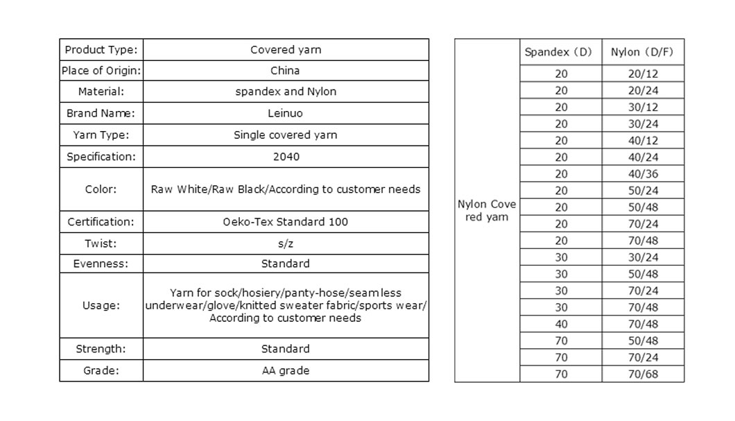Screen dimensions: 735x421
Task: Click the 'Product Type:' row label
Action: pyautogui.click(x=101, y=50)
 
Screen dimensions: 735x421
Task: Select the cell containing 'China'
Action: pyautogui.click(x=285, y=70)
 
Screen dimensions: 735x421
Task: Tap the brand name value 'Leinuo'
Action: pyautogui.click(x=285, y=113)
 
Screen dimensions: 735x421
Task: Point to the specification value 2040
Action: pyautogui.click(x=286, y=157)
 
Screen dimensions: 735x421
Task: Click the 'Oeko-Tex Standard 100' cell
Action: pyautogui.click(x=286, y=222)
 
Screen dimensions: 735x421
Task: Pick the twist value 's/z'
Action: pyautogui.click(x=286, y=243)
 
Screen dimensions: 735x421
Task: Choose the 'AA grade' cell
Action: pyautogui.click(x=286, y=371)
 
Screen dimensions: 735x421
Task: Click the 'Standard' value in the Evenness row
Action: pyautogui.click(x=286, y=264)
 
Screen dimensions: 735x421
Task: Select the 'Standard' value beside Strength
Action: pyautogui.click(x=286, y=349)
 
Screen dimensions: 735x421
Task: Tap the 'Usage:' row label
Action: pyautogui.click(x=101, y=306)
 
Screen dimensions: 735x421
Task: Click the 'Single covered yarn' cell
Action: pyautogui.click(x=286, y=135)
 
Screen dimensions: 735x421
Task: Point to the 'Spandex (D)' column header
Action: pyautogui.click(x=558, y=52)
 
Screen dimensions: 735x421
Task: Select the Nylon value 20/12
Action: pyautogui.click(x=643, y=74)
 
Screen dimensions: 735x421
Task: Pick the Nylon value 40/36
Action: pyautogui.click(x=643, y=174)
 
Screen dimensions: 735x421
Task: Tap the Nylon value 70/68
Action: pyautogui.click(x=643, y=374)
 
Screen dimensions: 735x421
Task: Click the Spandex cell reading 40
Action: pyautogui.click(x=561, y=324)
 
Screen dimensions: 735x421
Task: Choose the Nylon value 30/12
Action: pyautogui.click(x=643, y=107)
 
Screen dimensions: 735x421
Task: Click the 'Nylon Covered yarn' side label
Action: pyautogui.click(x=487, y=211)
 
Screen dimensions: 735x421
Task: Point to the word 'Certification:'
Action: pyautogui.click(x=101, y=222)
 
